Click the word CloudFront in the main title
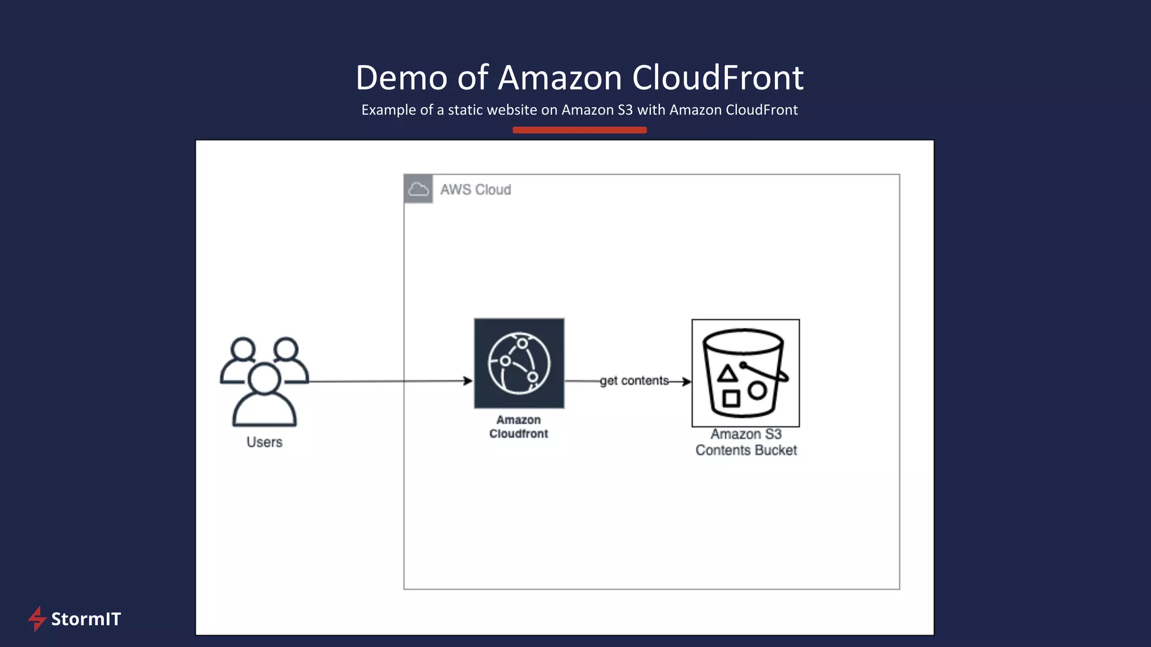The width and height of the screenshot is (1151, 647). tap(718, 78)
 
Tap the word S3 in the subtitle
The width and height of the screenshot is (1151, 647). tap(625, 110)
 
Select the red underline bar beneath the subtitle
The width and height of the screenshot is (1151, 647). tap(579, 130)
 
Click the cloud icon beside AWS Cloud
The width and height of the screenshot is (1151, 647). tap(418, 189)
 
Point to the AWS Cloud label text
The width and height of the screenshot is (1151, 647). tap(475, 190)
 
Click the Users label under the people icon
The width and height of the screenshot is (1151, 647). tap(264, 442)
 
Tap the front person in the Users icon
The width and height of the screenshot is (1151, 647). tap(264, 396)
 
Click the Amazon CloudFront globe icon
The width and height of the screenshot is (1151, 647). tap(519, 363)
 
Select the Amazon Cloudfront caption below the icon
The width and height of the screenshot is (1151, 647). tap(518, 427)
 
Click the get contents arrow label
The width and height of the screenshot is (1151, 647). tap(634, 381)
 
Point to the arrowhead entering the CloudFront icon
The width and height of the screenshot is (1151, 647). tap(468, 381)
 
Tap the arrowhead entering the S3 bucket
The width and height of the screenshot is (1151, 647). tap(687, 381)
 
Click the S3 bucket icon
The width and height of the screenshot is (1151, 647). tap(745, 373)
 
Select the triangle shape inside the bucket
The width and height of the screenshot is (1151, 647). tap(727, 373)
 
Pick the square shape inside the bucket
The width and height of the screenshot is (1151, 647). tap(731, 398)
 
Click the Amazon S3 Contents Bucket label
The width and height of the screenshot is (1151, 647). tap(746, 442)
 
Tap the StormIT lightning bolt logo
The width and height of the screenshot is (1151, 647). tap(37, 618)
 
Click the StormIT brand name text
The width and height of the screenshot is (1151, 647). tap(86, 619)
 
